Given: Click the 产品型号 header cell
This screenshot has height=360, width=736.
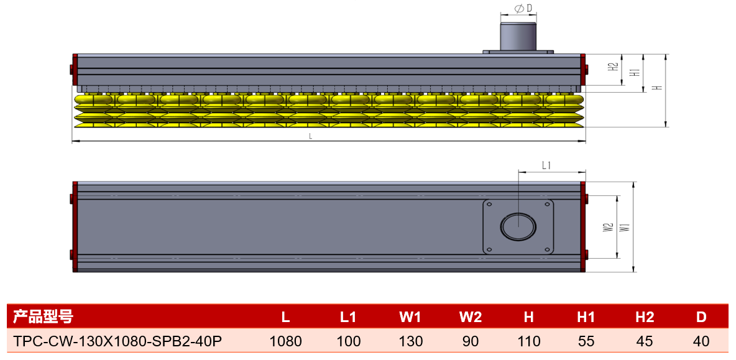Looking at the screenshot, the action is (x=43, y=317).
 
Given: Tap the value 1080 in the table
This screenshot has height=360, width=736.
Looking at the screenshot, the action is (x=286, y=341).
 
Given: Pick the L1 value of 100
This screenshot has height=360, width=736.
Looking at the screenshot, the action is (x=348, y=341).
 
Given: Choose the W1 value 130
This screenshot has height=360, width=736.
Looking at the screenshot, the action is (x=411, y=341).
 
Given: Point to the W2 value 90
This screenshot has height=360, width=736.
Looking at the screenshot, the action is (x=471, y=341).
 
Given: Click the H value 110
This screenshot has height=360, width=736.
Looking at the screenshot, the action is (x=528, y=341).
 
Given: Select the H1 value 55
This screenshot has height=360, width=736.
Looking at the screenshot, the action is (x=586, y=341).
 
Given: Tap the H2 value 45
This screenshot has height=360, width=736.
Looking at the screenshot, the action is (x=644, y=341).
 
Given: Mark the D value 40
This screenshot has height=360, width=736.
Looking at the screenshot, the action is (x=701, y=341).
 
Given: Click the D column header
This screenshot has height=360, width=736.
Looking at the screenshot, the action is (x=701, y=317).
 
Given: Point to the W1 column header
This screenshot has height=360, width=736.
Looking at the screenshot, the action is (x=411, y=317).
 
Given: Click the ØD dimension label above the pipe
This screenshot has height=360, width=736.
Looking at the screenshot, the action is (x=520, y=9).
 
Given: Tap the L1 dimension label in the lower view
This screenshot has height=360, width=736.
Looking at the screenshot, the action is (x=546, y=165).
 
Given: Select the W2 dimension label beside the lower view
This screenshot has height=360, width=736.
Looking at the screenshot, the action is (x=609, y=227).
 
